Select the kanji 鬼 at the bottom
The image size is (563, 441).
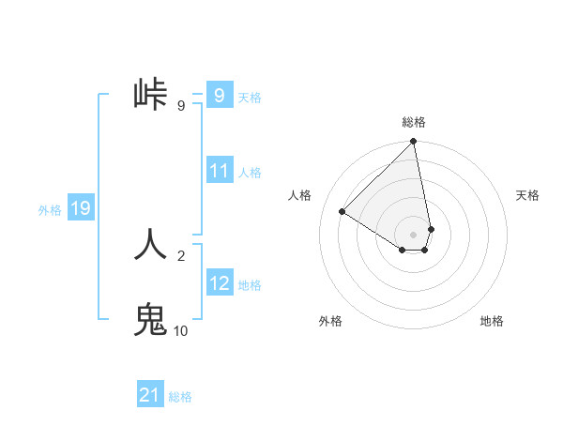pos(151,320)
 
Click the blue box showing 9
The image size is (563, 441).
pos(219,96)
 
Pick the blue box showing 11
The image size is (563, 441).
pos(219,171)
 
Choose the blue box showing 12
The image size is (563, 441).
pos(219,283)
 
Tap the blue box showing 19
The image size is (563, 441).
pos(81,208)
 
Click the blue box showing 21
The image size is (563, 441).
pos(150,395)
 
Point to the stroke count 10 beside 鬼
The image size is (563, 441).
pos(180,330)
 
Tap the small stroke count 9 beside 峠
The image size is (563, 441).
pos(180,106)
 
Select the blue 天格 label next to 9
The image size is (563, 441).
pos(250,98)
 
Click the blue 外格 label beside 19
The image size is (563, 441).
pos(50,210)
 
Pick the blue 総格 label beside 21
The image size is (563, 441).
pos(180,397)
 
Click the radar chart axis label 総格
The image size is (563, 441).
pos(414,122)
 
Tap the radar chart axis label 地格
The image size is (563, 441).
pos(492,321)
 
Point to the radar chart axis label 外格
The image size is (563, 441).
pos(330,321)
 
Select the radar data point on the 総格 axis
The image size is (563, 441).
pos(414,143)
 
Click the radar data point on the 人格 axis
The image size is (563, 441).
pos(342,212)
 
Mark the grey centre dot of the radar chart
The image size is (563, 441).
pos(414,234)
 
